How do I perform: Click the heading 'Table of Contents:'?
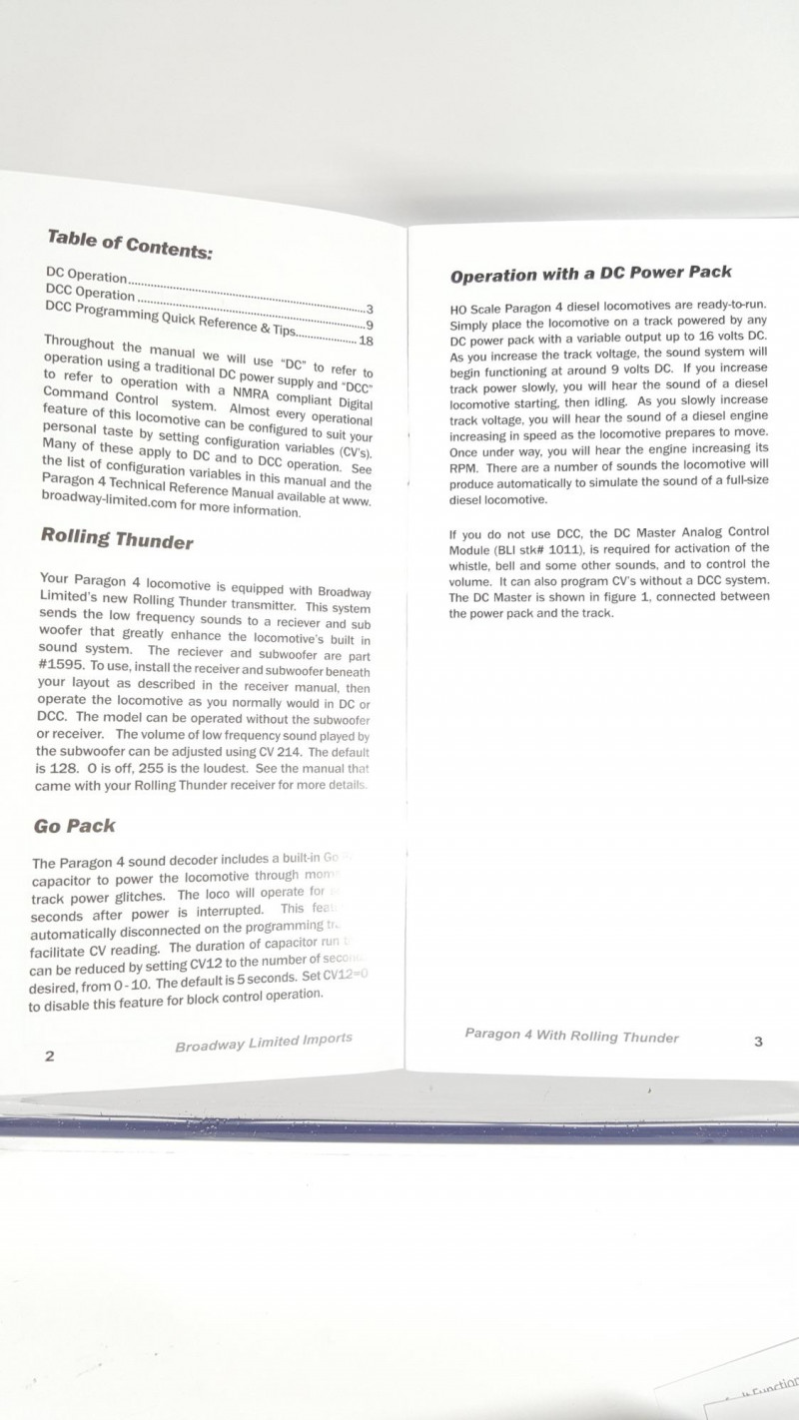pyautogui.click(x=129, y=244)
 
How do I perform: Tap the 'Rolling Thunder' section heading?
pyautogui.click(x=117, y=539)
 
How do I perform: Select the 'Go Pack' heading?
pyautogui.click(x=74, y=826)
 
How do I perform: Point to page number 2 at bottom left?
pyautogui.click(x=49, y=1057)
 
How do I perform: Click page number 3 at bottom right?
pyautogui.click(x=758, y=1042)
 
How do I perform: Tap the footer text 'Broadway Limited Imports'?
pyautogui.click(x=264, y=1042)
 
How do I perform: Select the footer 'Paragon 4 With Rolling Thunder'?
pyautogui.click(x=571, y=1036)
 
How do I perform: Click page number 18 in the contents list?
pyautogui.click(x=366, y=341)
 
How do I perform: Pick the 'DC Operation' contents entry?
pyautogui.click(x=87, y=274)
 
